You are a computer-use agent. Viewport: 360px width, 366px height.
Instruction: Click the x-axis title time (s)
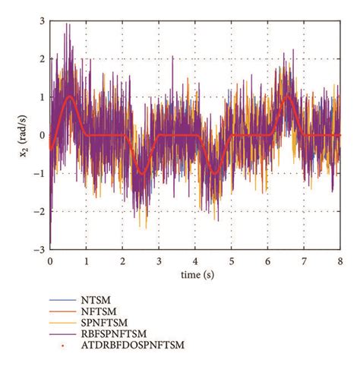coord(195,273)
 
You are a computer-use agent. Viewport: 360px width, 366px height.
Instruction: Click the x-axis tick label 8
coord(340,260)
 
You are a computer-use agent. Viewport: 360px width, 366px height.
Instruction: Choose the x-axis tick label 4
coord(195,260)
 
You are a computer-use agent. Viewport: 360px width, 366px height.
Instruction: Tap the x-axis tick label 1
coord(87,260)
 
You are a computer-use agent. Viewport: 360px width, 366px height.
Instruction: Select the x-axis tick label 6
coord(268,260)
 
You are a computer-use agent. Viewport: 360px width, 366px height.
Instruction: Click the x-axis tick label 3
coord(159,260)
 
